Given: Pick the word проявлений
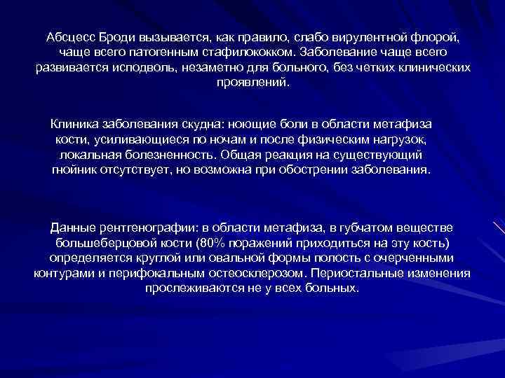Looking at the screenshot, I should tap(252, 83).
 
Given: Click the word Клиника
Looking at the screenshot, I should tap(76, 123).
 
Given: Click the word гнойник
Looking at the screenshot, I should tap(74, 171).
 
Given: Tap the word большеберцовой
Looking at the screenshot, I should tap(101, 244).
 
